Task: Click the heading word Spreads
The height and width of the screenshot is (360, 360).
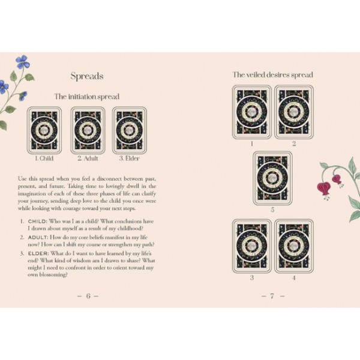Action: (x=87, y=76)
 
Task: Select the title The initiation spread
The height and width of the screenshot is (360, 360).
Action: (x=87, y=97)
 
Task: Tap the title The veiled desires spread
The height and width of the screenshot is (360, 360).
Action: (x=273, y=75)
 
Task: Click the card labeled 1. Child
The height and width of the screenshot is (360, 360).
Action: (x=44, y=130)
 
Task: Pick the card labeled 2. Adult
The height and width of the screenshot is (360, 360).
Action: (x=88, y=130)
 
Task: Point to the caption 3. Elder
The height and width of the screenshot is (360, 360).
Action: (x=130, y=159)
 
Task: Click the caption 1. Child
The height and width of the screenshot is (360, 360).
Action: (x=44, y=159)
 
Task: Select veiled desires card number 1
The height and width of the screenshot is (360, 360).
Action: (x=251, y=112)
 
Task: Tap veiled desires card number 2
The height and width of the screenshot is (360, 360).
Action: (x=294, y=112)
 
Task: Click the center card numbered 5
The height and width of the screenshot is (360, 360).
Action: (x=272, y=178)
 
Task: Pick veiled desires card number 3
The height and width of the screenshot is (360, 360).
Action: (x=251, y=246)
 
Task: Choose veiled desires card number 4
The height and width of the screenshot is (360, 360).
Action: (x=294, y=246)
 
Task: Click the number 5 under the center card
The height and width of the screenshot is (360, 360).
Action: (x=272, y=211)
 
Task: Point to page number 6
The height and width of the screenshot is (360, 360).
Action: (x=88, y=296)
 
